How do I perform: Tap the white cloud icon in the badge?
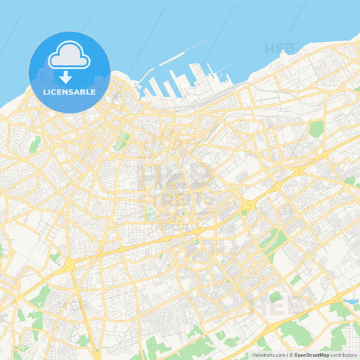70,56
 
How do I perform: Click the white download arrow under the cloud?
66,76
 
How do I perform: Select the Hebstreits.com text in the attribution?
268,354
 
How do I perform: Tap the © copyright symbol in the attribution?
291,354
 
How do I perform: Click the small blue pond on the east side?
351,301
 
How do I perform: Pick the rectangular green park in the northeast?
316,129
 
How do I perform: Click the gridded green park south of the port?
123,140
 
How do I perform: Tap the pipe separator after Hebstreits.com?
286,354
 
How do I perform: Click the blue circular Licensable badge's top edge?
70,32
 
